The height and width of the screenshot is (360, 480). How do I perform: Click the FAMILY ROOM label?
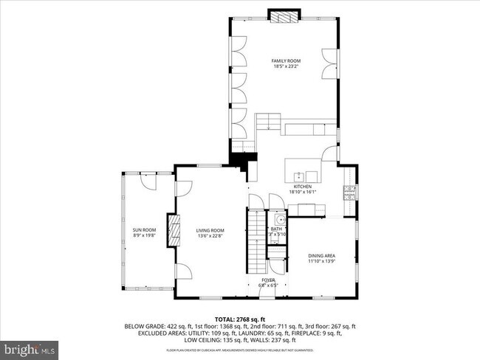point(284,60)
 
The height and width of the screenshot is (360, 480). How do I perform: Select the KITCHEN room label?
point(304,187)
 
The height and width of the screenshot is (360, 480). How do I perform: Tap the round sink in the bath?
point(280,220)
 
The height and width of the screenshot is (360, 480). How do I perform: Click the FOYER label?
point(268,280)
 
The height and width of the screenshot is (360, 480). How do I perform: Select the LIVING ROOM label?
point(210,230)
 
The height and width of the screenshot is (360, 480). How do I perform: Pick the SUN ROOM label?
point(144,230)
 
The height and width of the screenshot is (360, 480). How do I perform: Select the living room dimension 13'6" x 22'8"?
point(210,236)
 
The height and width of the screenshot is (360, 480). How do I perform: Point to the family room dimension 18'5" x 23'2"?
point(284,66)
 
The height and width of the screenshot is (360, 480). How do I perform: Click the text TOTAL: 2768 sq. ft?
point(239,319)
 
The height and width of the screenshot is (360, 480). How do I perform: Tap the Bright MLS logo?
point(30,346)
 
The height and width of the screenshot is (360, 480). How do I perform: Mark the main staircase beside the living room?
point(256,240)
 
